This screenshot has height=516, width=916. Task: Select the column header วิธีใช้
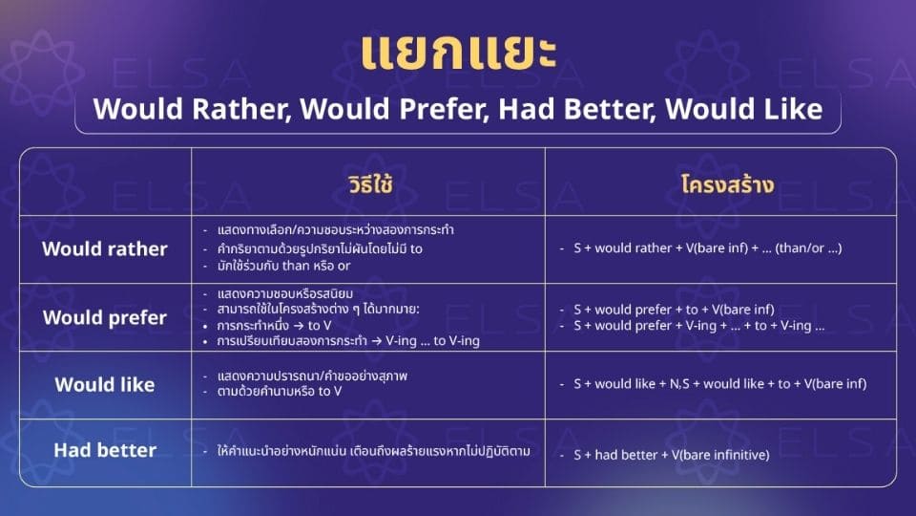point(367,185)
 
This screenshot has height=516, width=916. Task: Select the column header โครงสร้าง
point(720,185)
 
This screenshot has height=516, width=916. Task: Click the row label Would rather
point(105,249)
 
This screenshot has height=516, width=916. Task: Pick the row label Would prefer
point(105,317)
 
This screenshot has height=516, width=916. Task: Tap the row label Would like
point(105,384)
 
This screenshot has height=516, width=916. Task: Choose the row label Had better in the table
point(105,450)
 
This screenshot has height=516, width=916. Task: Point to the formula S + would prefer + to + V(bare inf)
point(673,309)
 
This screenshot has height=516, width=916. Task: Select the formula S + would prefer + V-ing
point(697,326)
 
